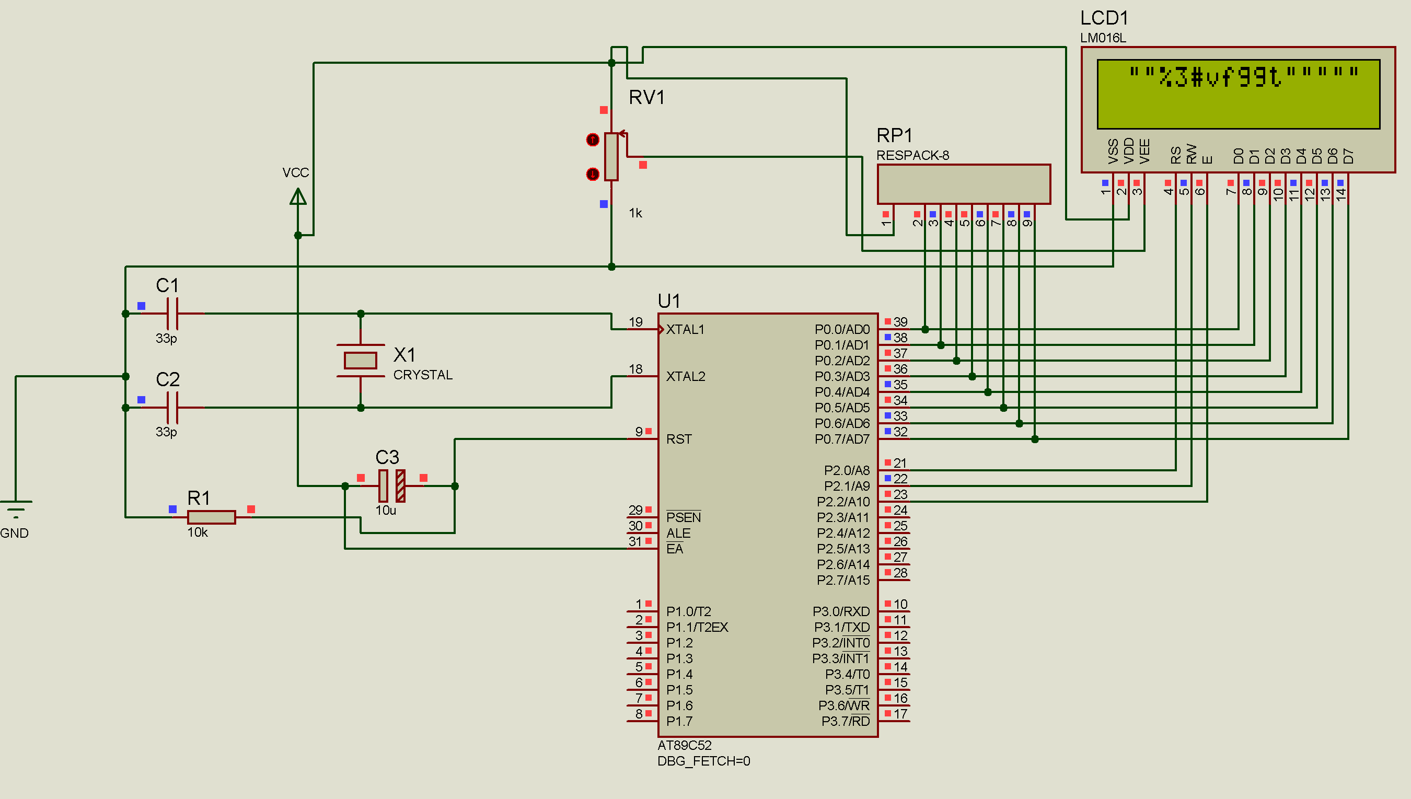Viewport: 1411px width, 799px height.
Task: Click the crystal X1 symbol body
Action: (360, 361)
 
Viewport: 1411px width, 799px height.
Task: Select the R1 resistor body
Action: (211, 517)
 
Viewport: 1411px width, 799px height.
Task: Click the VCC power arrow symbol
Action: (298, 196)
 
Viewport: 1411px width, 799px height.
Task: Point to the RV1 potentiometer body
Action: (611, 156)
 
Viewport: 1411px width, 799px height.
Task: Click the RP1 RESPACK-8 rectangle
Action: (963, 184)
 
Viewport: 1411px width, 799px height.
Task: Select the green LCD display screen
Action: (1238, 95)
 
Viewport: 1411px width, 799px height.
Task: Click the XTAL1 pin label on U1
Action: (685, 329)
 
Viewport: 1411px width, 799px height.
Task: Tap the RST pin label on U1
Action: (679, 439)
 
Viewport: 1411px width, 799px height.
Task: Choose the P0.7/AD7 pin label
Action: (842, 439)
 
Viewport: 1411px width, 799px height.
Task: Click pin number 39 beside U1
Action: (900, 321)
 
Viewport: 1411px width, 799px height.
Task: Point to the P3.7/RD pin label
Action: (845, 721)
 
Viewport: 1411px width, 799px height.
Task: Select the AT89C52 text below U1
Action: (685, 745)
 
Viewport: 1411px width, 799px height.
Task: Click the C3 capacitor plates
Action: (392, 485)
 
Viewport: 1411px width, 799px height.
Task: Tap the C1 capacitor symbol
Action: (172, 314)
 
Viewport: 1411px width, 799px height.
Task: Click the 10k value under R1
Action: (198, 532)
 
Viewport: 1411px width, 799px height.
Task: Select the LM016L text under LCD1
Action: (1103, 38)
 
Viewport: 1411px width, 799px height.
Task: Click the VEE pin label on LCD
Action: (1144, 151)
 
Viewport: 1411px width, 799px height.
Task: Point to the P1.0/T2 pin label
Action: (688, 611)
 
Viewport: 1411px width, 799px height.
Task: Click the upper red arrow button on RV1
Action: (592, 140)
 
